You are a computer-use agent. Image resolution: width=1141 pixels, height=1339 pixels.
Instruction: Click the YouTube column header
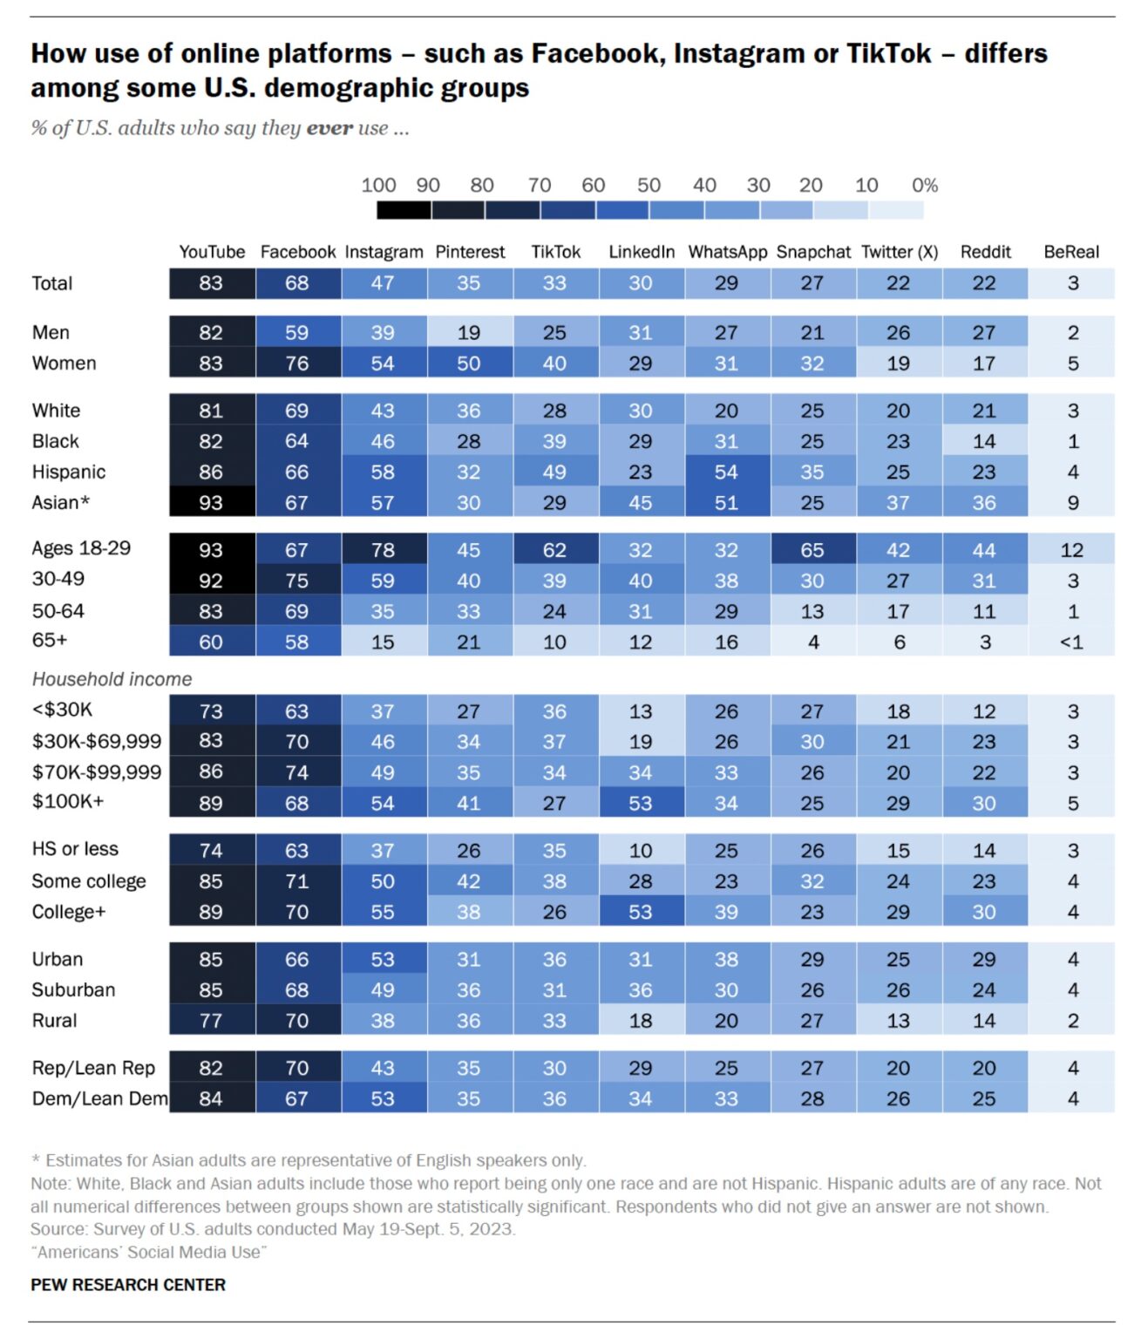pos(212,252)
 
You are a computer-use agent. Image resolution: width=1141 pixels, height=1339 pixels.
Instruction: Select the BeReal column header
pos(1070,252)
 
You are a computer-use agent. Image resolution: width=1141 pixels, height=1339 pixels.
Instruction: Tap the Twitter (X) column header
pos(899,252)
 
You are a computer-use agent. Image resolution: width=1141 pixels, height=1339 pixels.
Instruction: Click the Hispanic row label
pos(69,472)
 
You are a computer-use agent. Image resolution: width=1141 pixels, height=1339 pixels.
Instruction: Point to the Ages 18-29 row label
pos(81,548)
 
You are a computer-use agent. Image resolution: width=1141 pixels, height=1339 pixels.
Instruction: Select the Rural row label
pos(54,1020)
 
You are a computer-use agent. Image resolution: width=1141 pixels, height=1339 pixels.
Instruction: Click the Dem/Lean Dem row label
pos(99,1098)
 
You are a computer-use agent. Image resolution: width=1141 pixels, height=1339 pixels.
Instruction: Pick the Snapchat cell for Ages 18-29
pos(812,550)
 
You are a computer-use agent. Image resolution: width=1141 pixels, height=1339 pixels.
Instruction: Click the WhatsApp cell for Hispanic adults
pos(726,472)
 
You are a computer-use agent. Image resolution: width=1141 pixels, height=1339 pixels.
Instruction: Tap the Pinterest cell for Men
pos(469,332)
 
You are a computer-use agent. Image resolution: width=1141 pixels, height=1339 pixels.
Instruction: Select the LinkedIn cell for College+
pos(641,912)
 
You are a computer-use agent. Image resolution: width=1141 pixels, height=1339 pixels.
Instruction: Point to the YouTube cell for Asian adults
pos(211,503)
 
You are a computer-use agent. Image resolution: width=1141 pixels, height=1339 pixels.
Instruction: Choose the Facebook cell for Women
pos(296,364)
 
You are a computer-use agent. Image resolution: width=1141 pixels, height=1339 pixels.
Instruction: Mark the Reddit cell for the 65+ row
pos(984,642)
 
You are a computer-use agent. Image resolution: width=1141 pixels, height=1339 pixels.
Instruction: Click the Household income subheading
pos(112,679)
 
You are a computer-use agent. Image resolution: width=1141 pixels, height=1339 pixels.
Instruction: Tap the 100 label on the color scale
pos(378,185)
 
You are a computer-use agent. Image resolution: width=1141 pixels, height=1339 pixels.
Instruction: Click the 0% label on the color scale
pos(924,185)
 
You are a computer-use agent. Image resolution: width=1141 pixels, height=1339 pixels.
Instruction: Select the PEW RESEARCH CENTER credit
pos(128,1284)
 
